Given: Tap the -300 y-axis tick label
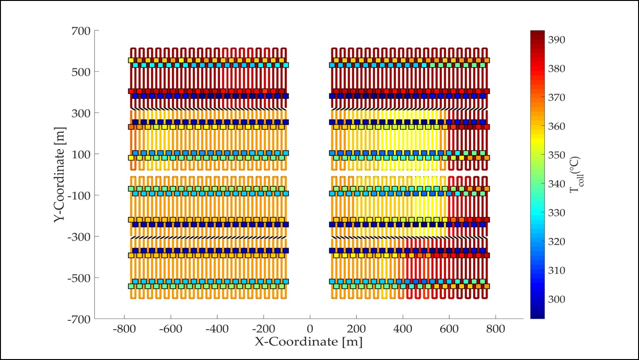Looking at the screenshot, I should (78, 237).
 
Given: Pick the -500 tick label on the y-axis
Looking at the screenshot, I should (78, 278).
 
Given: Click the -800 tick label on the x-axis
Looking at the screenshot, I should (124, 329).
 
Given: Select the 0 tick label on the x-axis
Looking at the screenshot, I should (310, 329).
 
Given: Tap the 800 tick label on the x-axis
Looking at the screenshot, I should (495, 329).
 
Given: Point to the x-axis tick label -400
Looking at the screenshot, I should (217, 329).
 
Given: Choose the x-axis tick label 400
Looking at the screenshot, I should (403, 329).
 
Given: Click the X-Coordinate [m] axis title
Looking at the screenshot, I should (309, 342).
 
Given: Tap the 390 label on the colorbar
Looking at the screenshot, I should (557, 40).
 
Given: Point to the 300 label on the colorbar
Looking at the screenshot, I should (557, 299).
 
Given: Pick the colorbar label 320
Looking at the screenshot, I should (557, 242).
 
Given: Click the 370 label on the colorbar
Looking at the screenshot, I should (557, 97).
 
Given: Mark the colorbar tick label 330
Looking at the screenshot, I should (557, 213).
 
